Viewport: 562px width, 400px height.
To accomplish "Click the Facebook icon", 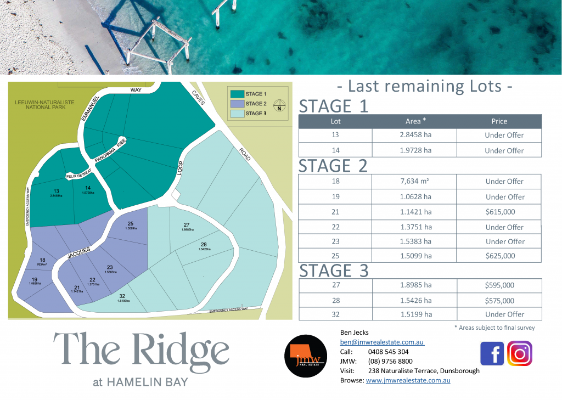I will pos(492,353).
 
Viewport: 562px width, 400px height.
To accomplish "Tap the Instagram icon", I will pos(519,353).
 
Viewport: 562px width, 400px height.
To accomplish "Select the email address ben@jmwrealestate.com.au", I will pos(382,342).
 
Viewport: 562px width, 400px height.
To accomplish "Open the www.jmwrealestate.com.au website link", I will pos(408,380).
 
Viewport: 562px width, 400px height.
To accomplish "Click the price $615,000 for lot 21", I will pos(499,212).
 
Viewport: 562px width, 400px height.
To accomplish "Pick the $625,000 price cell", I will pos(499,256).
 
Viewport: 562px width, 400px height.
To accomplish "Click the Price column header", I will pos(499,121).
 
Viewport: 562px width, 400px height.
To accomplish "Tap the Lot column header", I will pos(335,121).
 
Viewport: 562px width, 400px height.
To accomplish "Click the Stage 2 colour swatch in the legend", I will pos(237,104).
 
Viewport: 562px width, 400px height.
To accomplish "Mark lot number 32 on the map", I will pos(122,296).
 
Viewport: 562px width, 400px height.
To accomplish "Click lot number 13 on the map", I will pos(57,190).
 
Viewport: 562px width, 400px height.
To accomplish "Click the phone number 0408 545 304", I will pos(389,352).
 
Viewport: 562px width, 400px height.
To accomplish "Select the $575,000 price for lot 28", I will pos(499,301).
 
